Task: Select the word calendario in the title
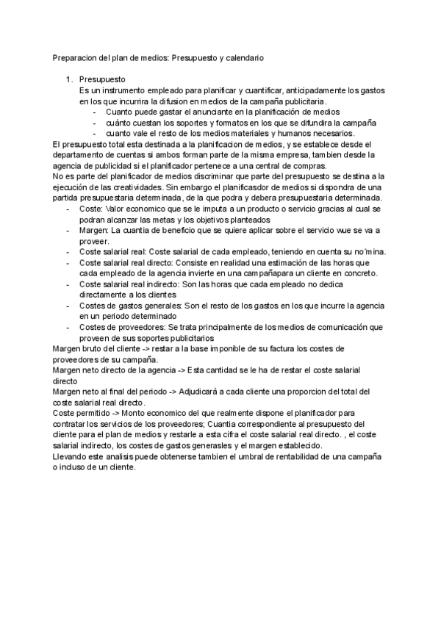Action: [243, 56]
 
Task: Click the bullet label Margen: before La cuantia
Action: [93, 230]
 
